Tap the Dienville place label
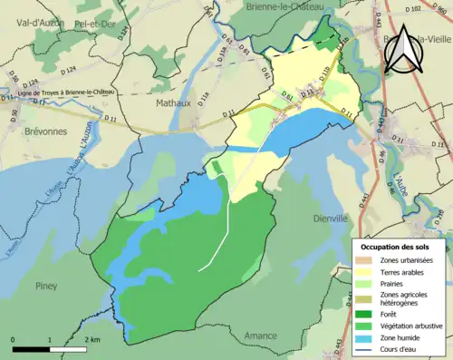click(x=329, y=218)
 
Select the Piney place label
click(x=45, y=286)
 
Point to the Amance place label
click(x=260, y=336)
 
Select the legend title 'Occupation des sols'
click(x=401, y=246)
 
